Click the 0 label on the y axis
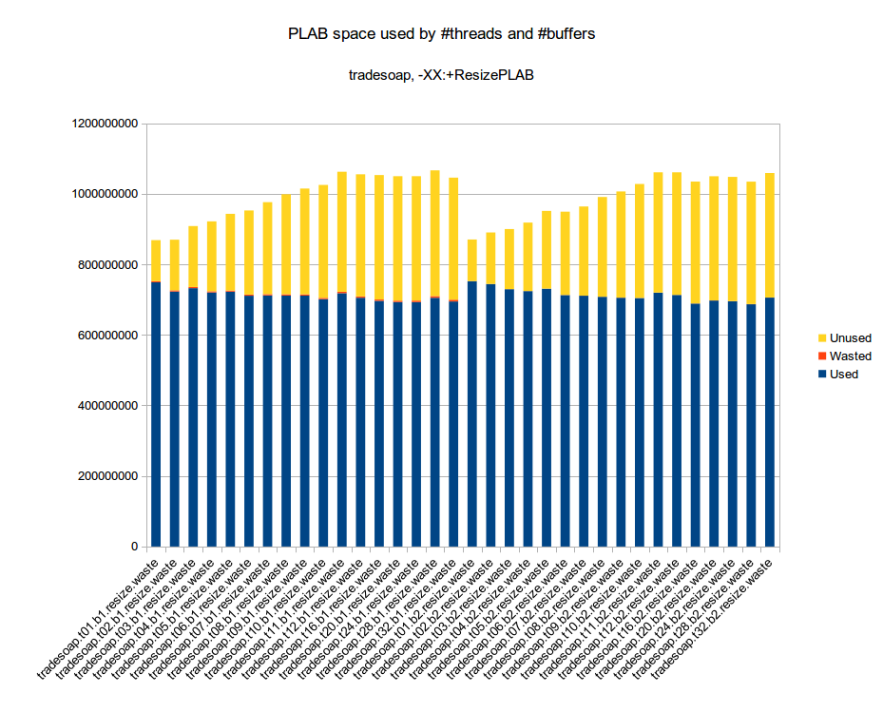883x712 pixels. [x=134, y=547]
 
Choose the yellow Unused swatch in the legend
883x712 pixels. [x=821, y=338]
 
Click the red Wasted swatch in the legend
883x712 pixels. [x=821, y=356]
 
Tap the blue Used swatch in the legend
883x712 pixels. [x=821, y=375]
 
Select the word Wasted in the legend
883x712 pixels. [x=850, y=356]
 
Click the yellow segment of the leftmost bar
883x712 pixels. [x=156, y=260]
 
